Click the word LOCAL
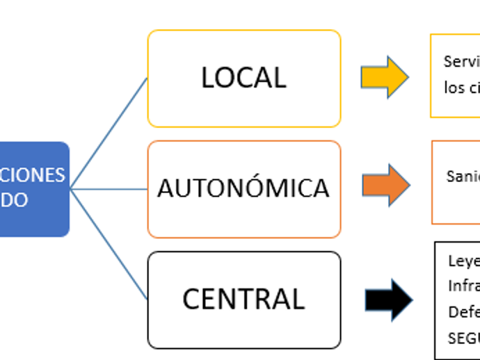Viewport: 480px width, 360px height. pyautogui.click(x=243, y=78)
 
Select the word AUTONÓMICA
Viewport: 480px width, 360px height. pyautogui.click(x=243, y=188)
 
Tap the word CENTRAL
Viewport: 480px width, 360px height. pyautogui.click(x=243, y=299)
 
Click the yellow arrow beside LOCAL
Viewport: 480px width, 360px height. pyautogui.click(x=385, y=77)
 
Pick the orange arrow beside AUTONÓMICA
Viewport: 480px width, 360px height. pyautogui.click(x=386, y=185)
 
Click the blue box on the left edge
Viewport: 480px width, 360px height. pyautogui.click(x=35, y=189)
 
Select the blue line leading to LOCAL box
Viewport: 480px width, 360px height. pyautogui.click(x=110, y=132)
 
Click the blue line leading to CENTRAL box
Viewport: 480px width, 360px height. pyautogui.click(x=110, y=245)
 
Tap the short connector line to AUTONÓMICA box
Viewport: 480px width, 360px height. pyautogui.click(x=111, y=189)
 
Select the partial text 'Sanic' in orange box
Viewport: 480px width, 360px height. pyautogui.click(x=463, y=177)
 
